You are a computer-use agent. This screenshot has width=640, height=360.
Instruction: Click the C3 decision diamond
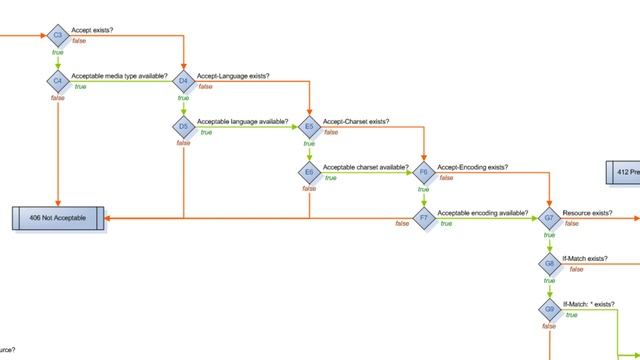[58, 36]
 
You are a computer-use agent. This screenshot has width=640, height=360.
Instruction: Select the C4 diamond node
[58, 80]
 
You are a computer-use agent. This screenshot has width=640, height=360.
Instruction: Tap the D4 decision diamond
[184, 80]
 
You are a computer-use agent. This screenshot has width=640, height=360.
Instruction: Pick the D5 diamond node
[184, 127]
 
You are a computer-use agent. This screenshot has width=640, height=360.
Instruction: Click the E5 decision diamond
[309, 127]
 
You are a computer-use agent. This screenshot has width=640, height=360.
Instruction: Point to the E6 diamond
[309, 172]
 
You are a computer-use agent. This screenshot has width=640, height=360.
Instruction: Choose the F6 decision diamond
[424, 172]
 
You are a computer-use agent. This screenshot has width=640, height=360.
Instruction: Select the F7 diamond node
[424, 217]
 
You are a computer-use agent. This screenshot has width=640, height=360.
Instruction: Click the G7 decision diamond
[549, 217]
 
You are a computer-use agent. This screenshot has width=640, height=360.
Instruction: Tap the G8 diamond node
[549, 263]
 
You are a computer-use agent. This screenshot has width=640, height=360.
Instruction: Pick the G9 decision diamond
[549, 309]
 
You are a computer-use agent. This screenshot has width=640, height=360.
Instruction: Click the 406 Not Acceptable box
[58, 217]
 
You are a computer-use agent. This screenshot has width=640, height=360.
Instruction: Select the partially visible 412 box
[622, 172]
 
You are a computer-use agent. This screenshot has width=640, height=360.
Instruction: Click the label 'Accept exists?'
[92, 31]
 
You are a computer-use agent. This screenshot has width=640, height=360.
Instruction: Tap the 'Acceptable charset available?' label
[365, 167]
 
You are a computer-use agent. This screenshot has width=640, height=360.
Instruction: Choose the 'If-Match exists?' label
[585, 259]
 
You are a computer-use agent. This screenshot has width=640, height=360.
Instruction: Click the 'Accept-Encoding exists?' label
[472, 167]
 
